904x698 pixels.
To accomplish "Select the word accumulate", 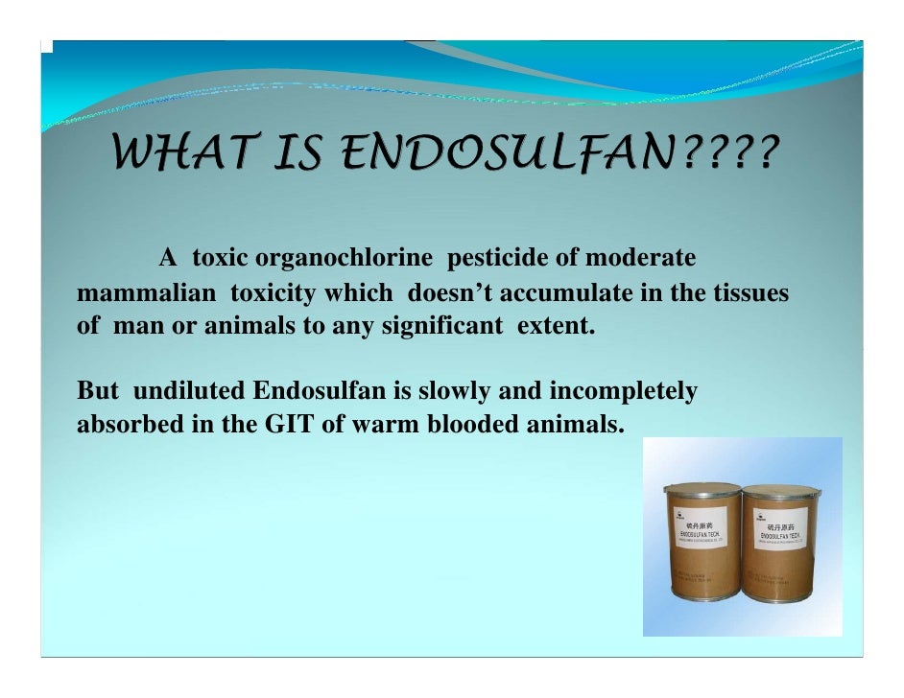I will (x=555, y=291).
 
